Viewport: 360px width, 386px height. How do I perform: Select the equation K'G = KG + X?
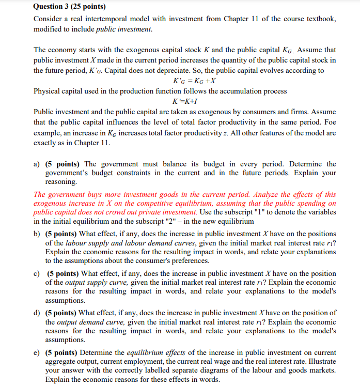tap(195, 81)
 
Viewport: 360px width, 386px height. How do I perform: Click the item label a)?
tap(37, 164)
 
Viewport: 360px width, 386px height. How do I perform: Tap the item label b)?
tap(37, 234)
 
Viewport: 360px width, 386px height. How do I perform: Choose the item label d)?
tap(37, 313)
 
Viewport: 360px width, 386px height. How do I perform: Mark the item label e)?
tap(37, 352)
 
